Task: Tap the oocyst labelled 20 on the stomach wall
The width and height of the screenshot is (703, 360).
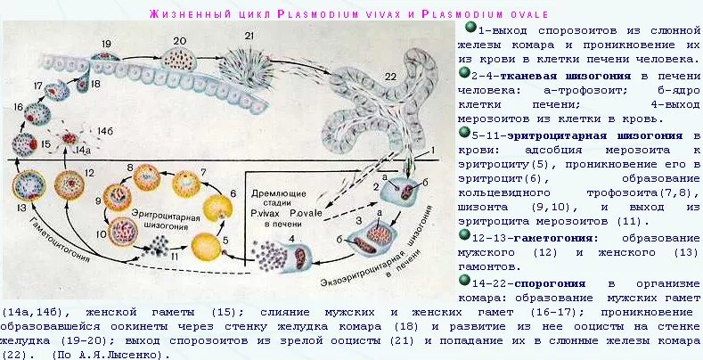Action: click(x=179, y=61)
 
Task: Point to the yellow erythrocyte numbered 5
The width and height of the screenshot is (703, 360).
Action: click(x=208, y=245)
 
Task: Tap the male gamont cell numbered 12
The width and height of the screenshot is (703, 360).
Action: click(x=71, y=185)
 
